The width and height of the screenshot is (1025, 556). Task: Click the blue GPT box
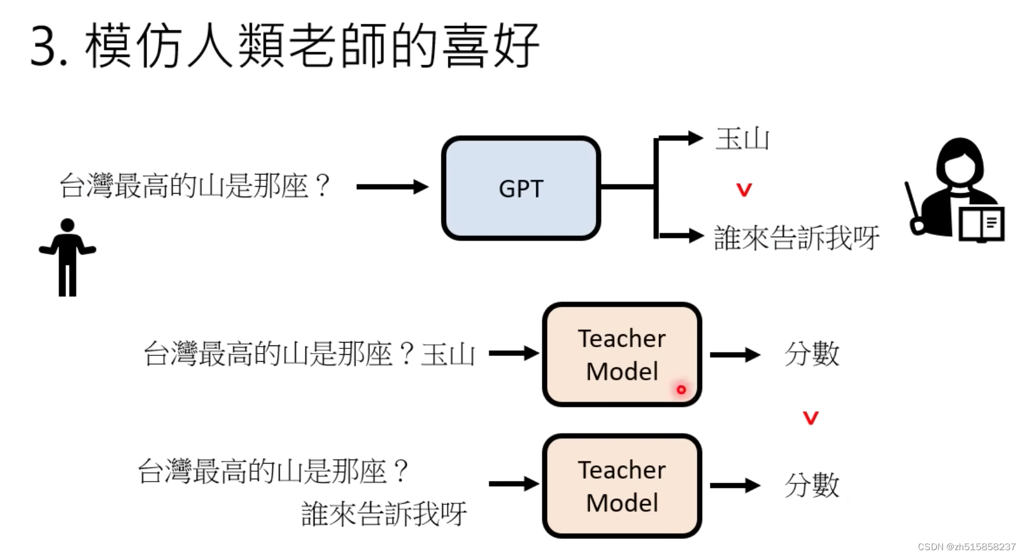point(521,188)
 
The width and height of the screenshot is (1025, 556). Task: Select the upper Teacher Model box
point(622,354)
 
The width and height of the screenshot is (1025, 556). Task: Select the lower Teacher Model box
point(622,486)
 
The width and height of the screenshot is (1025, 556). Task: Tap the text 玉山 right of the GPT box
point(742,140)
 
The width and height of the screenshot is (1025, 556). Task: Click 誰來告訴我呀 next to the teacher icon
point(796,238)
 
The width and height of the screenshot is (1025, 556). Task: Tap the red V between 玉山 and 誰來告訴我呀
point(744,190)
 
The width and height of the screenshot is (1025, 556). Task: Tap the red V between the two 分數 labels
point(810,418)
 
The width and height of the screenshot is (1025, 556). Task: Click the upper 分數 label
point(812,354)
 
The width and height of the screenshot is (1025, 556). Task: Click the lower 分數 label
point(812,485)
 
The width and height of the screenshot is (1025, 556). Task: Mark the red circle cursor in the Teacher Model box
point(681,389)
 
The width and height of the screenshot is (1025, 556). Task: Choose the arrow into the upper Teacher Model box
point(514,353)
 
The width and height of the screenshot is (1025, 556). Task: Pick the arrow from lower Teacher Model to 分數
point(735,485)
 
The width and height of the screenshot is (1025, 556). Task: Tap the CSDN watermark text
point(966,547)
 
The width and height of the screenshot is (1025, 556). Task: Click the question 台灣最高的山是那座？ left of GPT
point(195,186)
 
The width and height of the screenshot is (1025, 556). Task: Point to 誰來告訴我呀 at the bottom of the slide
point(384,514)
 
